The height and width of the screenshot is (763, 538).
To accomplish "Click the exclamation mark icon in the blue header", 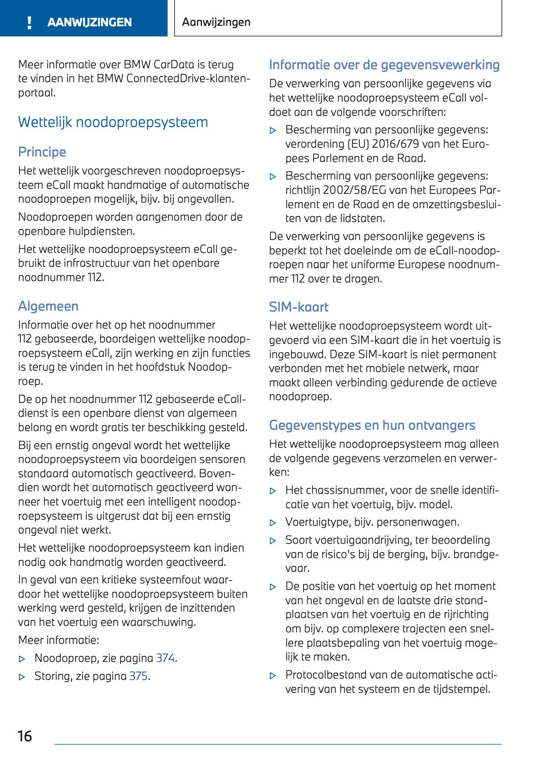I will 30,23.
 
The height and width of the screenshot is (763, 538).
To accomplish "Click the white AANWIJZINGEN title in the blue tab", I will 90,22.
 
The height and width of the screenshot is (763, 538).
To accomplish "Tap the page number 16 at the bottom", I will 25,736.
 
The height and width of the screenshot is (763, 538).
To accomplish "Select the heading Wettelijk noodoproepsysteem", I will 113,122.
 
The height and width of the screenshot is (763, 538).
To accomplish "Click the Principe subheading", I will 42,152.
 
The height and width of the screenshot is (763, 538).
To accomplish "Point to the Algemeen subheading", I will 48,306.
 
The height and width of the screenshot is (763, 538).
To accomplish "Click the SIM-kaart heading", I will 299,307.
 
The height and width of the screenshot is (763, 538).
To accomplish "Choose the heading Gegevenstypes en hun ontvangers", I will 372,425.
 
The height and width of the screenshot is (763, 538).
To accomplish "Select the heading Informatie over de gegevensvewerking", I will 384,65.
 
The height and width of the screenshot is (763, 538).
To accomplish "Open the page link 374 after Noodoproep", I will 165,658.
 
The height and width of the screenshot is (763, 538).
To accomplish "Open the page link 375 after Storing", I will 139,676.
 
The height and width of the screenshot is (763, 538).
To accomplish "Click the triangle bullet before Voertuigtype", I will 273,523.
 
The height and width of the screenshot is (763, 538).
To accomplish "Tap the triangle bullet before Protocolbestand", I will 273,676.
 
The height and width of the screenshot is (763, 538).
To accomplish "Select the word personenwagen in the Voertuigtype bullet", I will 427,522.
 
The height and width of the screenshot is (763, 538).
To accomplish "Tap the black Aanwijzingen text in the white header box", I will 216,22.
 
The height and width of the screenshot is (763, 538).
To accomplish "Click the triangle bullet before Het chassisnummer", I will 273,491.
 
